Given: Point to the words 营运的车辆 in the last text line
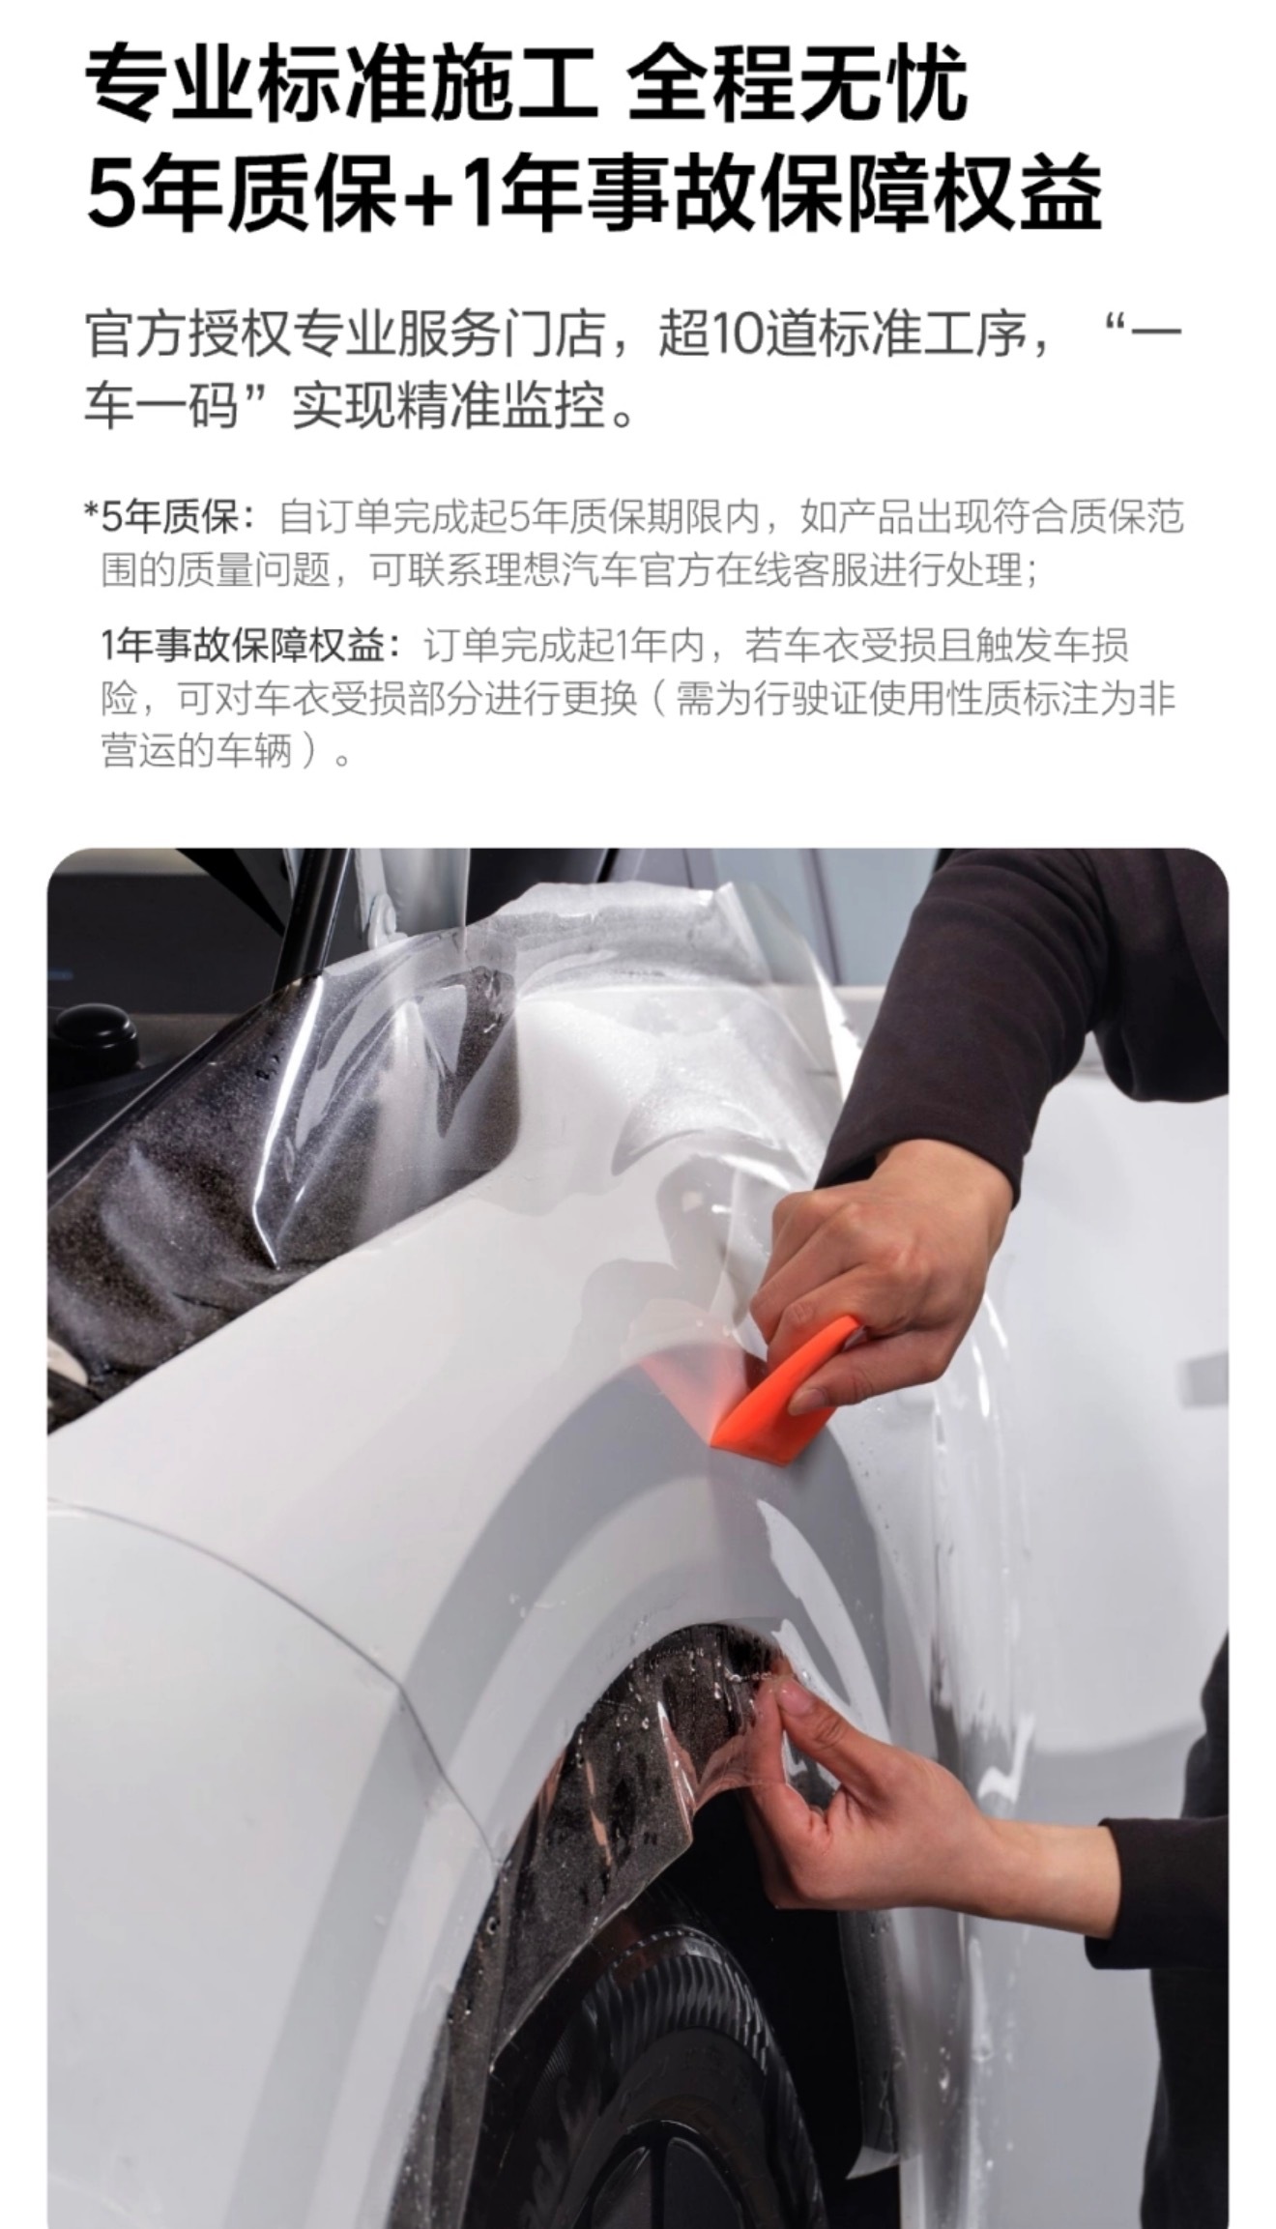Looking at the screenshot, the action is pyautogui.click(x=196, y=751).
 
